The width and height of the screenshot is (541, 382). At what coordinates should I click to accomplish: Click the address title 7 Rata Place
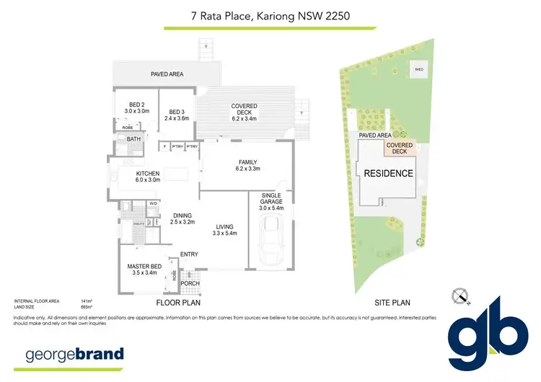(270, 15)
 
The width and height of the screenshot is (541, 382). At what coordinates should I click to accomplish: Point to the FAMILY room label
(247, 165)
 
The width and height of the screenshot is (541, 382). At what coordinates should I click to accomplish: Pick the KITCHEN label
(148, 177)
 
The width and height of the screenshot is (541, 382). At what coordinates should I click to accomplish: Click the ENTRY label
(189, 254)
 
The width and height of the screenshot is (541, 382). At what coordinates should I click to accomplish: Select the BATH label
(133, 139)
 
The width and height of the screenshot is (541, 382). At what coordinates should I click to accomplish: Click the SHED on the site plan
(418, 70)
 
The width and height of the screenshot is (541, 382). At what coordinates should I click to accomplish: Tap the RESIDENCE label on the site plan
(388, 174)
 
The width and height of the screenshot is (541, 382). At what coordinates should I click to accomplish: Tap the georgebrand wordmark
(75, 355)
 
